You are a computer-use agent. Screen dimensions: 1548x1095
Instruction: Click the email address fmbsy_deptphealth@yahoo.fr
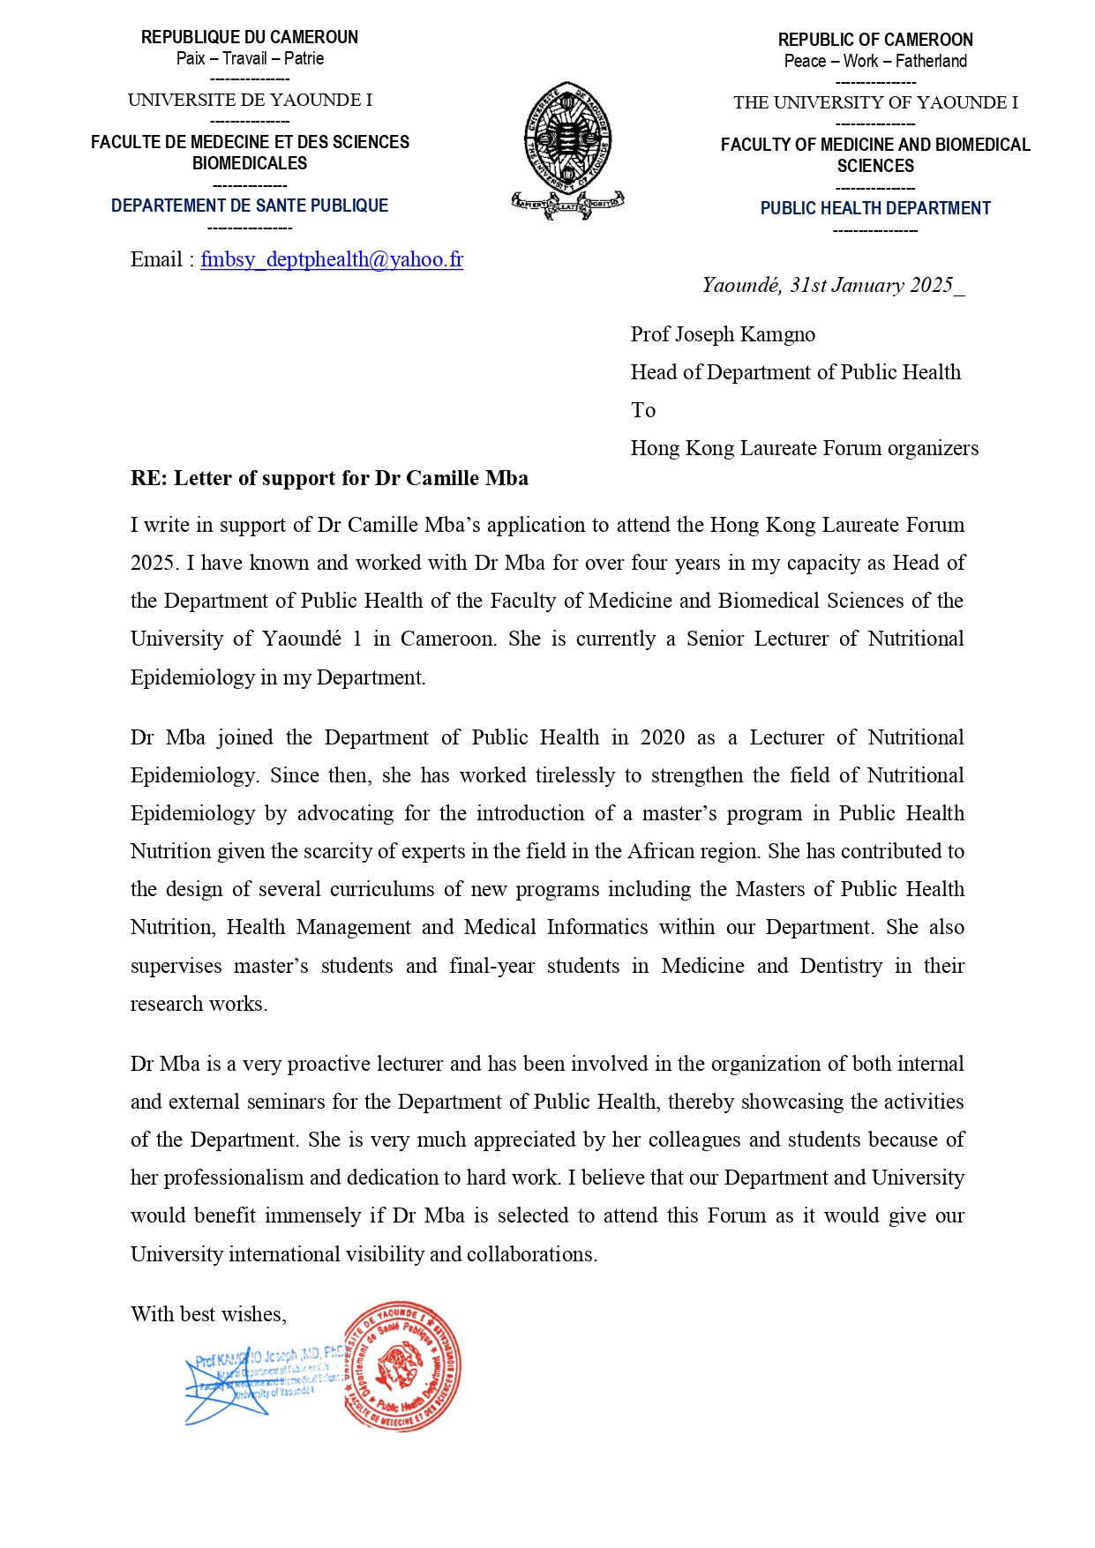(331, 259)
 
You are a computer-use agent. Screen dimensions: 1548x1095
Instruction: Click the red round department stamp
(402, 1365)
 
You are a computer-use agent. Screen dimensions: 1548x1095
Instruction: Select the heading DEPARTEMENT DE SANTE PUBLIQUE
(250, 206)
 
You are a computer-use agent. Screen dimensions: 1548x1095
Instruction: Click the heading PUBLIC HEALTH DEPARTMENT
(875, 208)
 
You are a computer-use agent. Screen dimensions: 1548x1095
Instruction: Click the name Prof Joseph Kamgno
(723, 334)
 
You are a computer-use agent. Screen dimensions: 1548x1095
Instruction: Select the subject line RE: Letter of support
(329, 478)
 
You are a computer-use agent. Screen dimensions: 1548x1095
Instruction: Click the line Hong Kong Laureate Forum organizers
(804, 448)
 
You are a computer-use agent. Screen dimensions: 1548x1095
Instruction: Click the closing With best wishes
(208, 1314)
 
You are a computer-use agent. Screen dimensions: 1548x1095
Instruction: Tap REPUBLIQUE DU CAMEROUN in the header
(250, 37)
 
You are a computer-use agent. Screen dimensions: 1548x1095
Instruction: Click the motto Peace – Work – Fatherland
(875, 61)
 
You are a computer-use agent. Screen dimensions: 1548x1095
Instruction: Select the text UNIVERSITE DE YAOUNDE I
(250, 100)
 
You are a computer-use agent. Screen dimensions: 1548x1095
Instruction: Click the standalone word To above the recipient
(643, 410)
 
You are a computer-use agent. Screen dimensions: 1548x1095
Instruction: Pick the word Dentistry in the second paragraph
(840, 966)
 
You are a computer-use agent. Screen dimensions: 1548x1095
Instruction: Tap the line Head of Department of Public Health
(795, 372)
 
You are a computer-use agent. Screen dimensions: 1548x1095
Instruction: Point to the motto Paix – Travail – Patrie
(250, 58)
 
